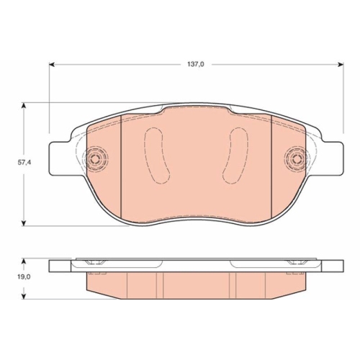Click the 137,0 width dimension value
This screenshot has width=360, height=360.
point(196,64)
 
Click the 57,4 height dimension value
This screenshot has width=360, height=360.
point(24,162)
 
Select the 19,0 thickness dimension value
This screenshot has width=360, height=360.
point(24,276)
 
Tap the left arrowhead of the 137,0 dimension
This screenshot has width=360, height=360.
point(53,64)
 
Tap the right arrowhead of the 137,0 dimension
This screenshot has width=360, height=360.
point(341,64)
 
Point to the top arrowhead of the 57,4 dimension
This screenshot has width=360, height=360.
point(23,106)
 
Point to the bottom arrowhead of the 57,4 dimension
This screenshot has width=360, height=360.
point(23,222)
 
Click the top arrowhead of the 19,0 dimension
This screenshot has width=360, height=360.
point(23,261)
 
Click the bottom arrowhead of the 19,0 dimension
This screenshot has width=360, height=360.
point(23,296)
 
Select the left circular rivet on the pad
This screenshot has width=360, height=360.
point(95,158)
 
